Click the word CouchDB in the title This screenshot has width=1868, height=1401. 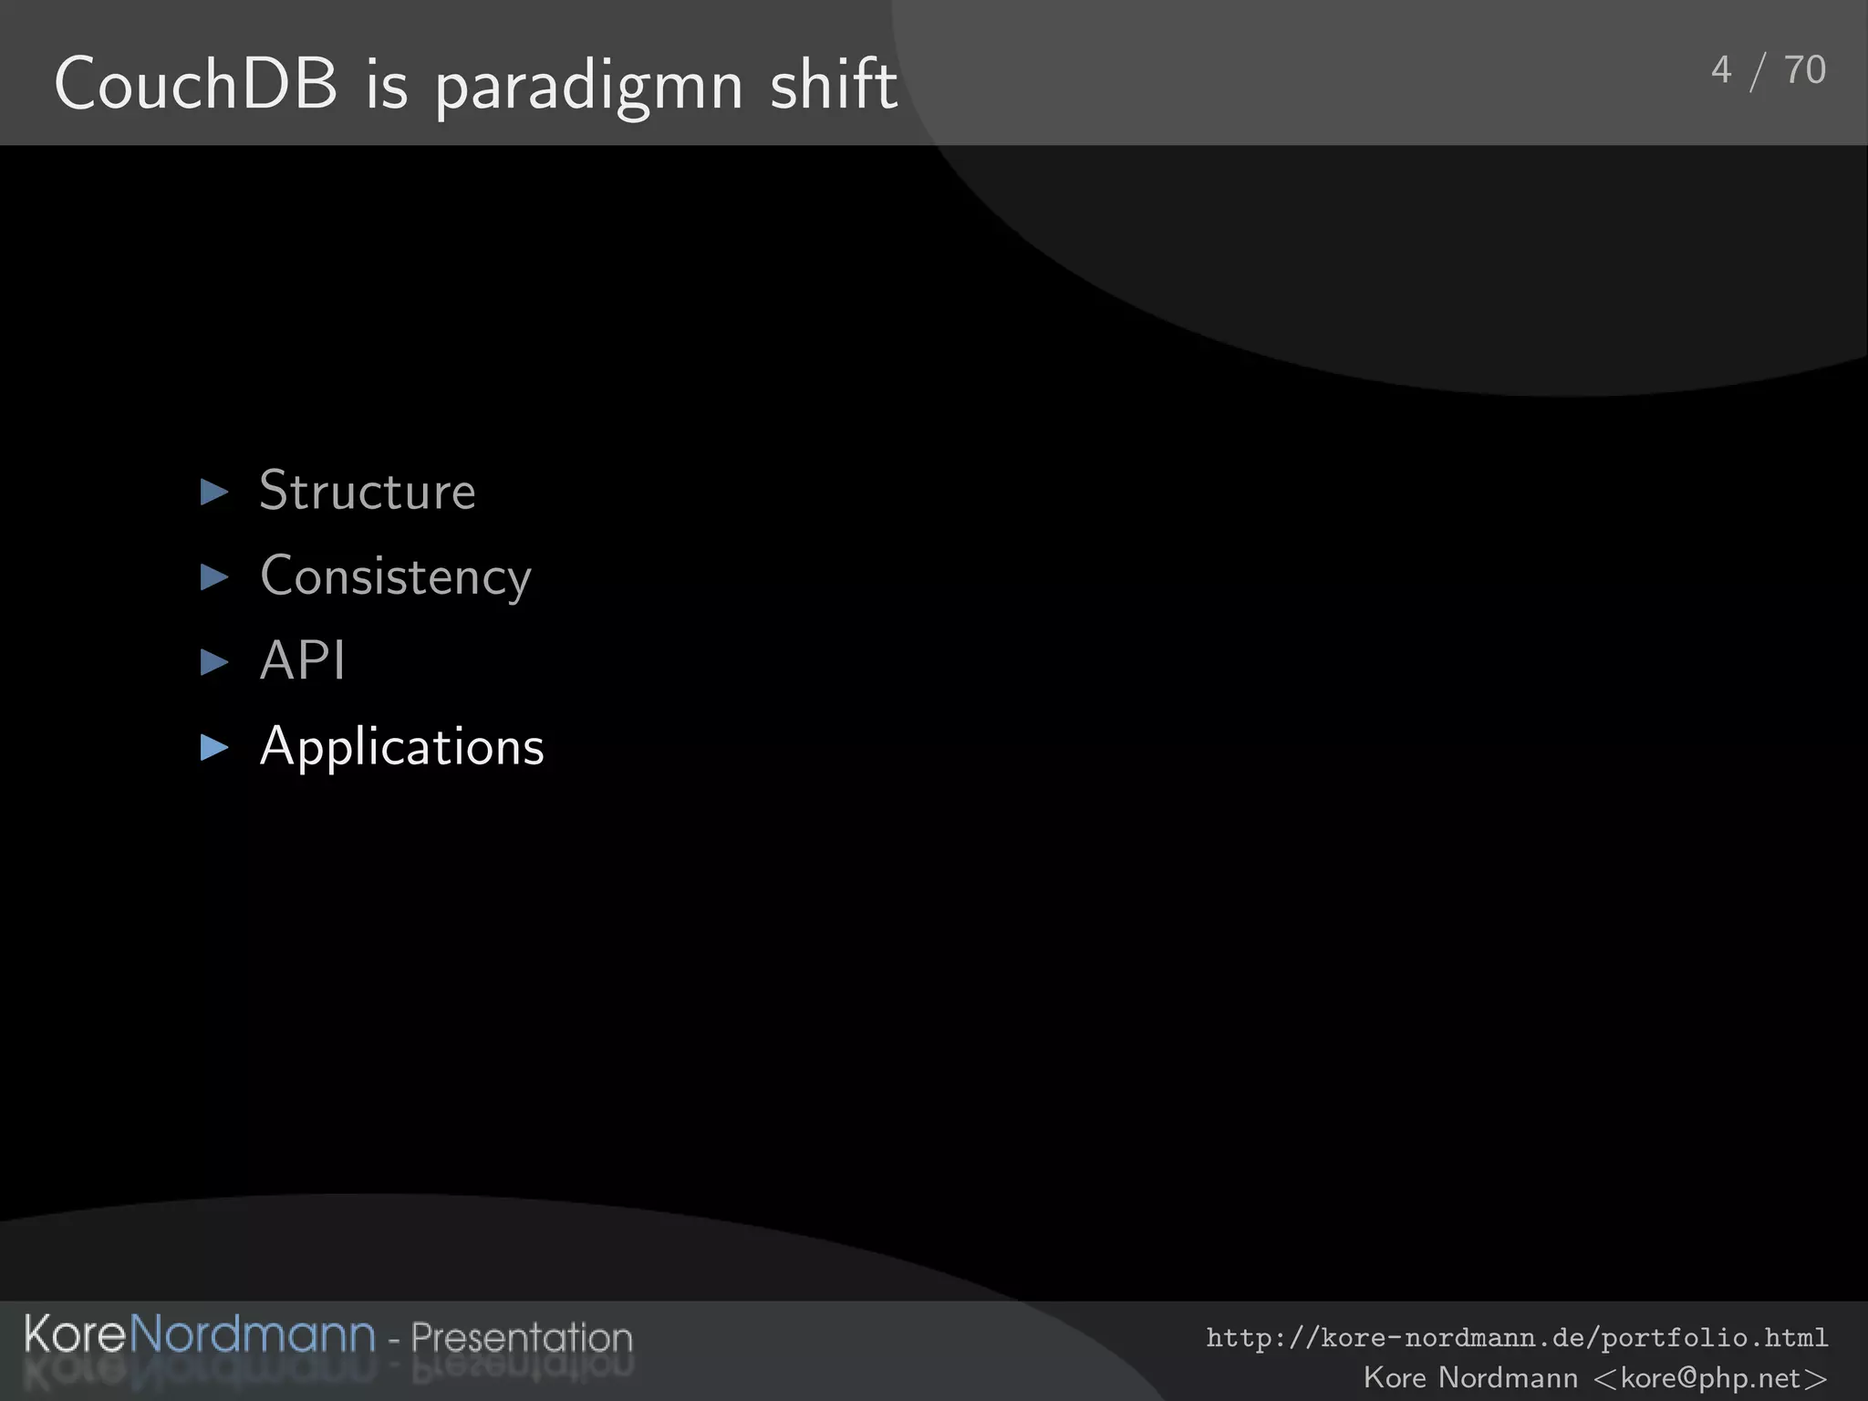[195, 84]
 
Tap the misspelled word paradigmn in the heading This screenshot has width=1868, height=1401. [588, 88]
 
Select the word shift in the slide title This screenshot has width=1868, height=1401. [833, 84]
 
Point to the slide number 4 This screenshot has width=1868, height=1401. [1720, 70]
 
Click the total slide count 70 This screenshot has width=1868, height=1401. [1804, 70]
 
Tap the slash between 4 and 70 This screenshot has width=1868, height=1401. [1758, 72]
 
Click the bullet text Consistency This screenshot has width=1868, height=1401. [395, 576]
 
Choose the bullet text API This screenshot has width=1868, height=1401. [302, 660]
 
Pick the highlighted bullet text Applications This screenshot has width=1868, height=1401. [401, 747]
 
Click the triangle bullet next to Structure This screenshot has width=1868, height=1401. [214, 493]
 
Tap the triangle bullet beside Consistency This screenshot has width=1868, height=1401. [214, 576]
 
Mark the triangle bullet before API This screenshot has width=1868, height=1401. [214, 662]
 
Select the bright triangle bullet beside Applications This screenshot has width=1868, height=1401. [214, 748]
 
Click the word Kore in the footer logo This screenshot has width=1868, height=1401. [75, 1334]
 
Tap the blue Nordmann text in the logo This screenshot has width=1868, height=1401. [253, 1334]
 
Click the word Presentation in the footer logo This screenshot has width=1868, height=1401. [521, 1338]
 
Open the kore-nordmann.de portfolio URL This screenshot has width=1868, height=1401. [1516, 1338]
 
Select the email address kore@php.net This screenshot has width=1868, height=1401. [1710, 1377]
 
